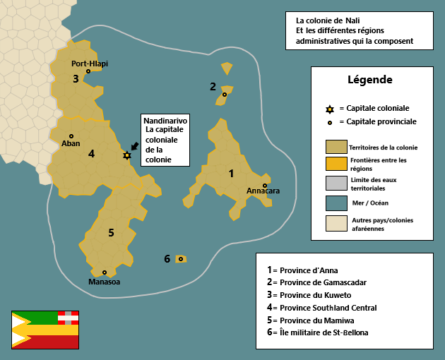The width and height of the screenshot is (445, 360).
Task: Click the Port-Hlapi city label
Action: point(90,63)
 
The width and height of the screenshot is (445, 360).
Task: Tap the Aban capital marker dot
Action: point(71,136)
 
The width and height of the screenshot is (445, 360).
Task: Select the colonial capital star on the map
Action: point(127,155)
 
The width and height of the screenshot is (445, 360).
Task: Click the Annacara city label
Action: point(263,191)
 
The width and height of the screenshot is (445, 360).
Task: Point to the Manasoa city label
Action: point(104,282)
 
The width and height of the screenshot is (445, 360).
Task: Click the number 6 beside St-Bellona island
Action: point(167,259)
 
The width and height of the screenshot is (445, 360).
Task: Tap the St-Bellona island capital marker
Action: point(181,259)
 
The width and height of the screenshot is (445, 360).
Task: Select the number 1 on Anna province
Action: point(231,172)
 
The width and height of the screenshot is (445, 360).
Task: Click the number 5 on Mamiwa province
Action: point(111,232)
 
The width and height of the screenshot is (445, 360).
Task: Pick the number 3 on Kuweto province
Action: point(76,78)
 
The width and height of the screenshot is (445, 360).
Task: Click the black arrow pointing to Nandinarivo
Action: point(134,146)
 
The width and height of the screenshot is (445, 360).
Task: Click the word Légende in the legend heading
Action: point(370,80)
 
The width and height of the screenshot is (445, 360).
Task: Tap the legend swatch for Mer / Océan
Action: point(336,203)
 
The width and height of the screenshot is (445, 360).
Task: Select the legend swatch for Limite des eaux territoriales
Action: point(336,184)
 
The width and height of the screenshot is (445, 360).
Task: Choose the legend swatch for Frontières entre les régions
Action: point(336,164)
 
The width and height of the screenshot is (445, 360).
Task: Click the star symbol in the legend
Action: point(329,109)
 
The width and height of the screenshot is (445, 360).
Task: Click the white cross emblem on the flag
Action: point(68,317)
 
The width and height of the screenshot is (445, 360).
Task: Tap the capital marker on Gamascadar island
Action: point(225,95)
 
